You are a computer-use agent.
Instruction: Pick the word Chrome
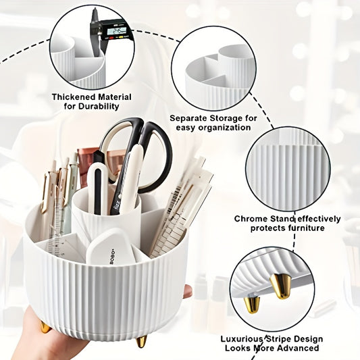pos(253,219)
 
